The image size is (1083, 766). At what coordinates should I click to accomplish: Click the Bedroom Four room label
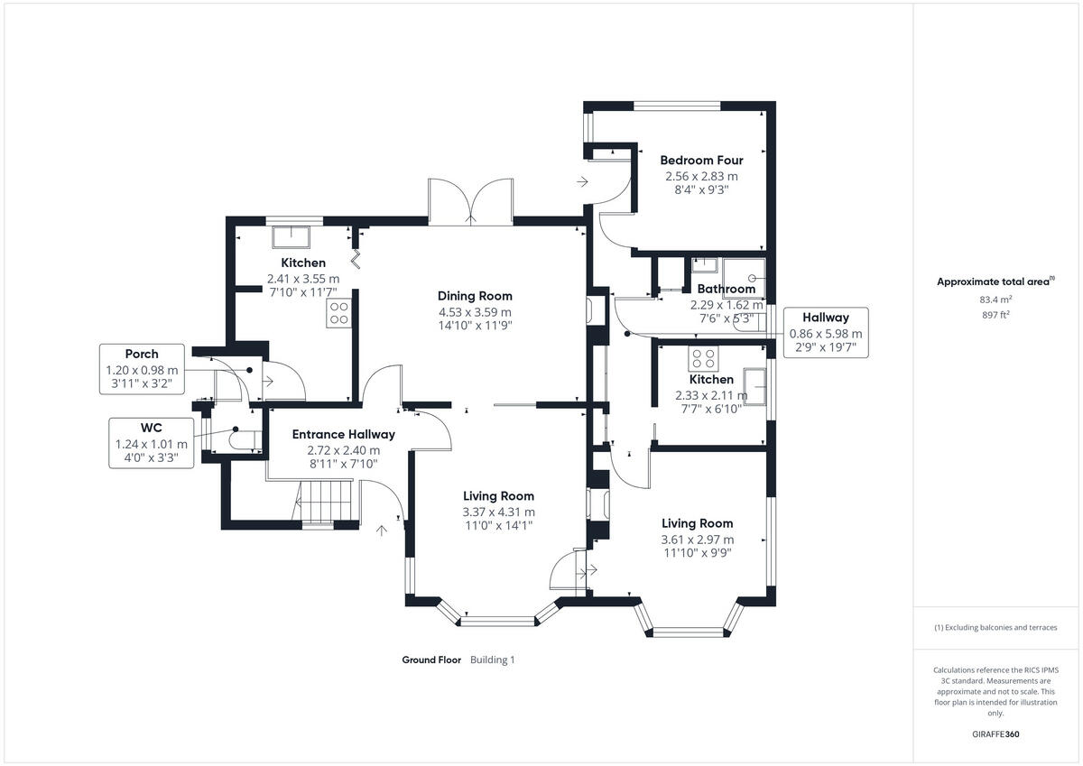point(701,161)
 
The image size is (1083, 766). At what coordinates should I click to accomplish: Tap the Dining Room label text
point(475,296)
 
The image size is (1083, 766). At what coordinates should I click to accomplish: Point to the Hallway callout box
point(825,333)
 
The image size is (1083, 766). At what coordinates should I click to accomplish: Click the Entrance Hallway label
point(344,435)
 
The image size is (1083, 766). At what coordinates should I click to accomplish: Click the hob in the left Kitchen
point(339,313)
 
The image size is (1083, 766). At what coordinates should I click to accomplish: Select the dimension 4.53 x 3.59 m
point(475,312)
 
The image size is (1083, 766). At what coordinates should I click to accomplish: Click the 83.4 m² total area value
point(995,299)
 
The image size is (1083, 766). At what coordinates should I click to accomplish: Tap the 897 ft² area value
point(995,314)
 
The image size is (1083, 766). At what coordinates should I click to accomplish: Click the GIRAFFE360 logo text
point(995,734)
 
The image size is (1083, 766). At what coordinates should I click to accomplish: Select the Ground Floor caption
point(431,660)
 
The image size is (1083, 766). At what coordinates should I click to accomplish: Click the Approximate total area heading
point(995,281)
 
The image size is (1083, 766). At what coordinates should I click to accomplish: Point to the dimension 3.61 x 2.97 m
point(697,540)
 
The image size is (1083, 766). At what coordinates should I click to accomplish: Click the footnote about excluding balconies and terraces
point(995,627)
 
